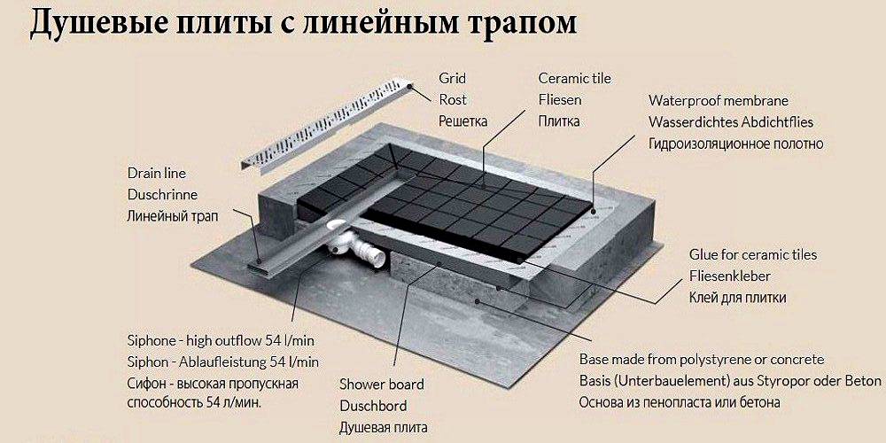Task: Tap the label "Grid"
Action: tap(453, 78)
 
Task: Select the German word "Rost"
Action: tap(453, 100)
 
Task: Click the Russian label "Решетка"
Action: tap(462, 121)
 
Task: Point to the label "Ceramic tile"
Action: tap(575, 78)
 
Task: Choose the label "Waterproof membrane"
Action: tap(719, 101)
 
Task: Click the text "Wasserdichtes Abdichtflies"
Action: tap(731, 122)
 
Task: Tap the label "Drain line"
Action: tap(157, 173)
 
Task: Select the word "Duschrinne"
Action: tap(163, 194)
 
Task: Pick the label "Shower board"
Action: tap(381, 385)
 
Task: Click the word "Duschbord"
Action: tap(373, 407)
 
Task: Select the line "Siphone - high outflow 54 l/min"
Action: tap(221, 341)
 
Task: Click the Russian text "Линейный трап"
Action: tap(173, 216)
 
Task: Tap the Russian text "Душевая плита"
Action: tap(383, 428)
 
